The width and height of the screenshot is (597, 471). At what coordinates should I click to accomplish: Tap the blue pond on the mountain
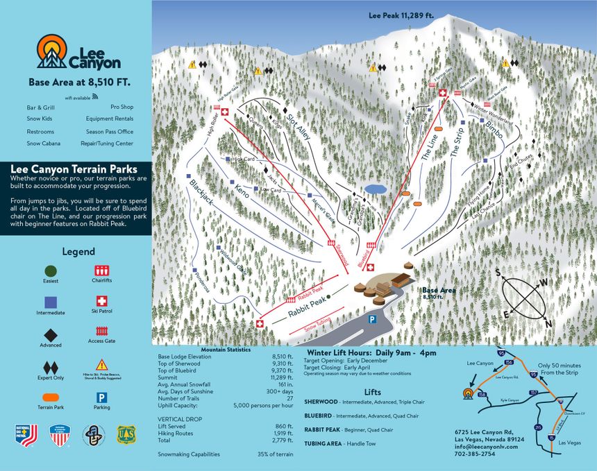[376, 189]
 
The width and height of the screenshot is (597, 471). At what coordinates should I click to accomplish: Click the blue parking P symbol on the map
[372, 319]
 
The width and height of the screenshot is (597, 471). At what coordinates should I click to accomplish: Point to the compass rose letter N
[548, 323]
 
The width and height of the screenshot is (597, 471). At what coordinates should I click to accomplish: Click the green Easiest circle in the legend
[51, 271]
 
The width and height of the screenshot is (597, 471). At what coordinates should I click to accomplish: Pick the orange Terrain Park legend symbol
[51, 397]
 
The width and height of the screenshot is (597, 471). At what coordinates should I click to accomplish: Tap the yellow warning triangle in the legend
[101, 364]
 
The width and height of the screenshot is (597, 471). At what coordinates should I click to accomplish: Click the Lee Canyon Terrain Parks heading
[74, 169]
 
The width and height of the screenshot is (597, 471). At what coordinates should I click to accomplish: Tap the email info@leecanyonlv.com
[484, 446]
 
